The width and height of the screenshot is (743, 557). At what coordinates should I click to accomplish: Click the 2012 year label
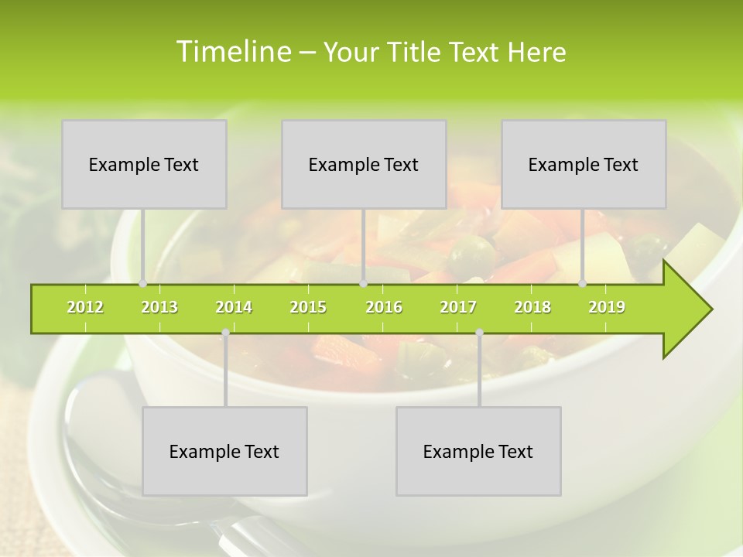point(85,307)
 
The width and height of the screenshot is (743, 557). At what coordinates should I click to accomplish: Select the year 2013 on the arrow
point(159,307)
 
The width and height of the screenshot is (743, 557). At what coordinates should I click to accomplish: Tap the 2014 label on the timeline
point(234,307)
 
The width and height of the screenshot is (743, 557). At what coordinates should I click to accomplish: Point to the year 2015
point(308,307)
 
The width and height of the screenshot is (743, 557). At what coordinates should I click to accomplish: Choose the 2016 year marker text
point(384,307)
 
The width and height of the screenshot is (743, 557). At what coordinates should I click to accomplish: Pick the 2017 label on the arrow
point(458,307)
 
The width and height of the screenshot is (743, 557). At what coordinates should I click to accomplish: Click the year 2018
point(532,307)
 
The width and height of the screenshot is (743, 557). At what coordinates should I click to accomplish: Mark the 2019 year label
point(607,307)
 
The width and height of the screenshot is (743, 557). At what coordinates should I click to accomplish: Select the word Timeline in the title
point(232,52)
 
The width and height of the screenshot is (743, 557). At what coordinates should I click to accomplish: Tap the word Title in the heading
point(416,52)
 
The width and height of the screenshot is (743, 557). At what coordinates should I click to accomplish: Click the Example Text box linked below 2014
point(224,451)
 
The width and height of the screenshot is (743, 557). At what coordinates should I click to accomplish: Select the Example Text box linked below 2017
point(478,451)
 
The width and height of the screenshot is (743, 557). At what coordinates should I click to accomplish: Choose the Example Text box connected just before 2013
point(144,164)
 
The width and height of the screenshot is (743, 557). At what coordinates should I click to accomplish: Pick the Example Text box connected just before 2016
point(364,164)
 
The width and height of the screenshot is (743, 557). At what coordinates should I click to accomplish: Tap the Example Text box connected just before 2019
point(584,164)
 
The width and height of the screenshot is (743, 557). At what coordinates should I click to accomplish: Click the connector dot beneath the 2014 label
point(225,333)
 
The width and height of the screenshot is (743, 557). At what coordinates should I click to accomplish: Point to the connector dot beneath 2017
point(479,333)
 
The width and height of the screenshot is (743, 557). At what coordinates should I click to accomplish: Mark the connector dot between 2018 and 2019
point(583,284)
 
